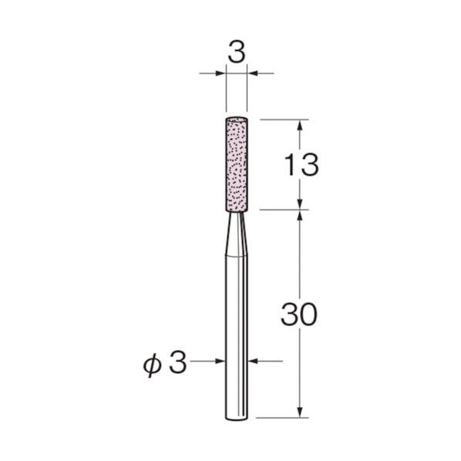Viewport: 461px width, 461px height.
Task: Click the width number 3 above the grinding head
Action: click(x=236, y=53)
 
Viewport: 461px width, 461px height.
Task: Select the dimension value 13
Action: click(x=301, y=165)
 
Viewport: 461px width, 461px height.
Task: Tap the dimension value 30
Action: click(x=298, y=315)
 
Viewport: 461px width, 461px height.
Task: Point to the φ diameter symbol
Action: click(x=153, y=365)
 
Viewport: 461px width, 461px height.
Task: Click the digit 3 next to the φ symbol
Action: click(x=177, y=362)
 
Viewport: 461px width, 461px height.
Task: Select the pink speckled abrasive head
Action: click(x=237, y=165)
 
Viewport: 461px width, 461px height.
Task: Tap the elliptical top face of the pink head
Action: click(x=237, y=119)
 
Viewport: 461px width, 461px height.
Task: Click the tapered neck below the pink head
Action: click(x=236, y=234)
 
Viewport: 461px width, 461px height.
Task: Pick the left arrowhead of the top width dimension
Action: click(x=220, y=73)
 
